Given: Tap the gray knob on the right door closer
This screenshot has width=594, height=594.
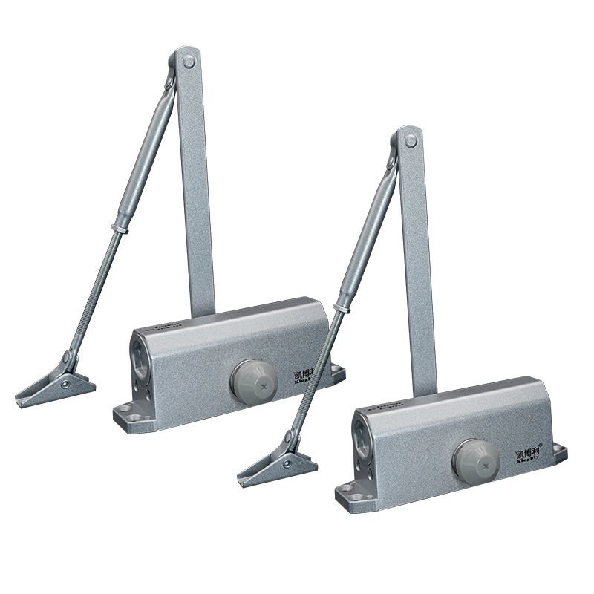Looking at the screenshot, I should click(x=475, y=458).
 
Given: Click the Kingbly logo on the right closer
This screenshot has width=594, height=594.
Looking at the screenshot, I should click(x=529, y=454).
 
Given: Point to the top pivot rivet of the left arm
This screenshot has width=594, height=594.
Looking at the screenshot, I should click(x=189, y=61).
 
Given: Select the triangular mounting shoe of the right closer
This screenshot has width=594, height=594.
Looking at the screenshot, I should click(x=278, y=466).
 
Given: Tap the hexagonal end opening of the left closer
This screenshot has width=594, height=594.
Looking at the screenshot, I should click(x=140, y=353).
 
